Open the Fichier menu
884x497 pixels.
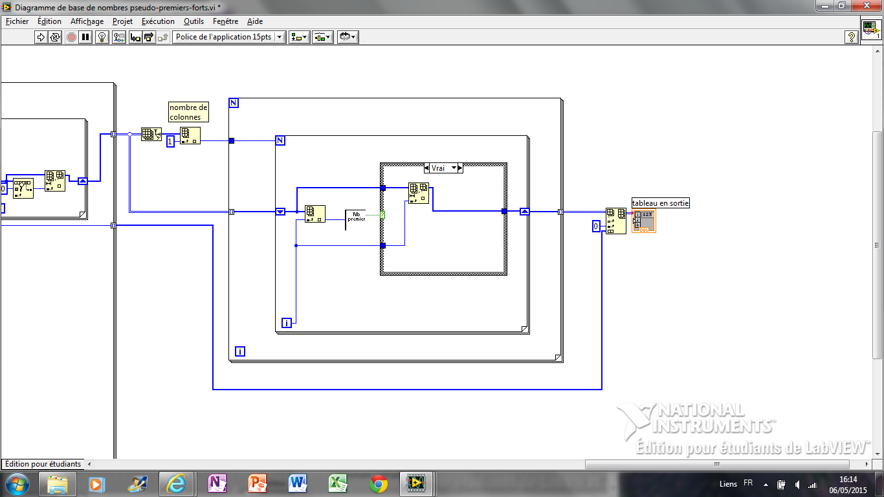[x=17, y=21]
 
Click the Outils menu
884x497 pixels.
[x=193, y=21]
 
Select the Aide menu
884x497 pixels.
[x=255, y=21]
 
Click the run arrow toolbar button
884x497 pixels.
[x=41, y=37]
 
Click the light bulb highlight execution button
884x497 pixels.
[x=102, y=37]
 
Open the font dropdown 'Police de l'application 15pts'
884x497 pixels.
[x=229, y=37]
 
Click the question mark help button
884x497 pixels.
[x=851, y=37]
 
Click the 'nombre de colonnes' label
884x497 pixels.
[x=188, y=112]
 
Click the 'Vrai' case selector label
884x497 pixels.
[x=438, y=168]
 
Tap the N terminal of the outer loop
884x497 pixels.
[x=234, y=103]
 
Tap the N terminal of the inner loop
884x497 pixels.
[x=280, y=140]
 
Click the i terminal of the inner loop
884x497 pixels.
[x=287, y=323]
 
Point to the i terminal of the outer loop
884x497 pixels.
[x=240, y=351]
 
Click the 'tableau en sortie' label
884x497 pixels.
[x=661, y=203]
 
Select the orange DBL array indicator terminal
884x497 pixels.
[x=644, y=221]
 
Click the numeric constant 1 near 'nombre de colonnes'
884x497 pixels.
[x=170, y=141]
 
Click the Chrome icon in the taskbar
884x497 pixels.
[x=378, y=484]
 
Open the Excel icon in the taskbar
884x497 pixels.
[x=338, y=484]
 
